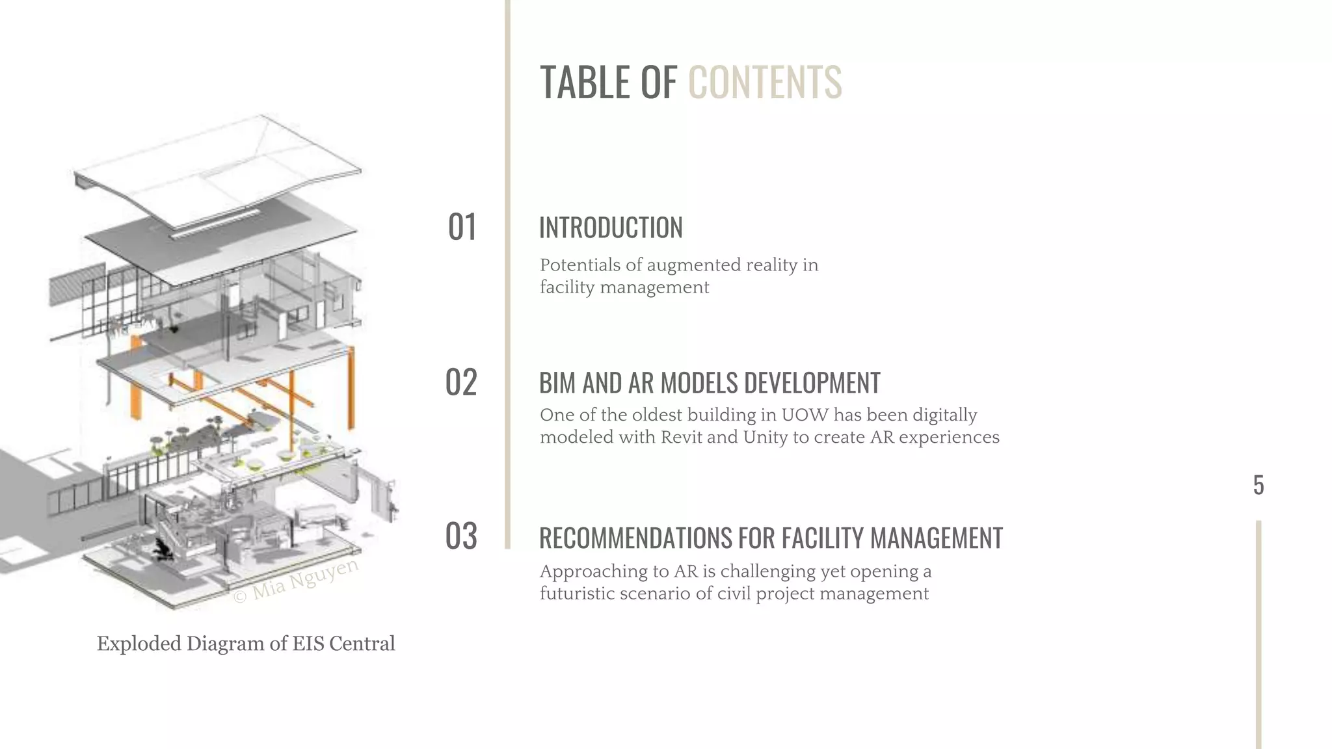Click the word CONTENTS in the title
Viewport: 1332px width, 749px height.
click(764, 83)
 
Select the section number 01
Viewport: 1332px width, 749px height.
click(462, 228)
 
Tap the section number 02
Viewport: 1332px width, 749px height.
click(461, 382)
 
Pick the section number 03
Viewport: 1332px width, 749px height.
click(461, 537)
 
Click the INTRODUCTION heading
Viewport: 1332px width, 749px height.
click(611, 228)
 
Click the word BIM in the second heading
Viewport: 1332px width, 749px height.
click(558, 383)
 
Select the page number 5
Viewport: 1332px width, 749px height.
click(1258, 486)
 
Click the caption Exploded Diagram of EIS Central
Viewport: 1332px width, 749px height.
click(246, 644)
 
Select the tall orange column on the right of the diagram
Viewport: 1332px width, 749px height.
click(351, 387)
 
